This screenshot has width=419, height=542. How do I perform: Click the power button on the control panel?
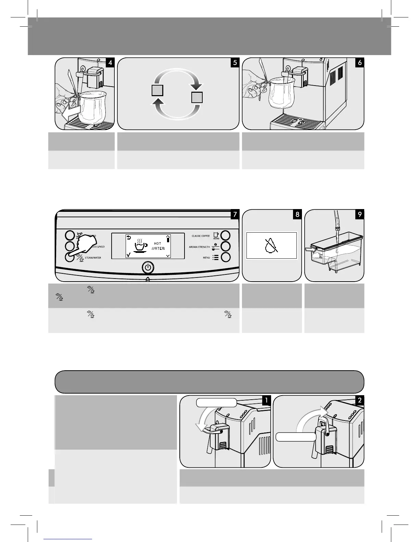148,267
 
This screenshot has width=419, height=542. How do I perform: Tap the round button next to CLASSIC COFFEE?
226,235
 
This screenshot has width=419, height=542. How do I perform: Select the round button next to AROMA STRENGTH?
226,246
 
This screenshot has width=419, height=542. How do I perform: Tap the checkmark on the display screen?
128,255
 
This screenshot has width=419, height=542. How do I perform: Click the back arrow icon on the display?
129,237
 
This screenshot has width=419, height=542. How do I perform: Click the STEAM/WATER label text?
93,258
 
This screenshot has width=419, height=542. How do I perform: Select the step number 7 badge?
235,215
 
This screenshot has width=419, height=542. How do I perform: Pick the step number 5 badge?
235,63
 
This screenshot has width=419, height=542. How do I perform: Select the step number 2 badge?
359,400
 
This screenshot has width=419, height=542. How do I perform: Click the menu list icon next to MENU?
215,257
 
